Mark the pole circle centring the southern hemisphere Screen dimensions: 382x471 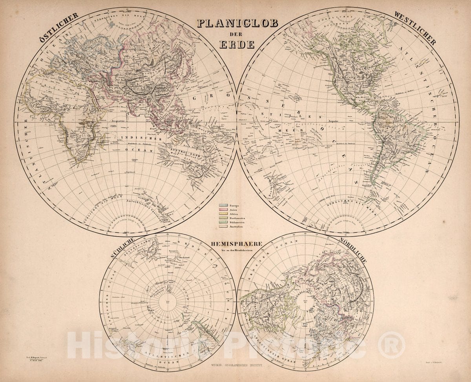coord(168,302)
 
